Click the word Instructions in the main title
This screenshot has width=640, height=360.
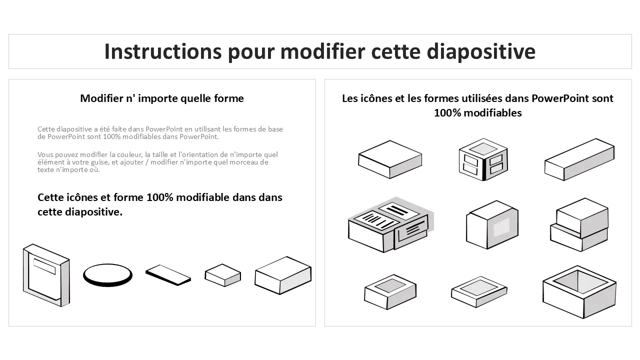[x=163, y=51]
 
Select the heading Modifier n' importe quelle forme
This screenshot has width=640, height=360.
[x=162, y=98]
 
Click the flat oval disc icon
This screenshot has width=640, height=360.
[x=107, y=275]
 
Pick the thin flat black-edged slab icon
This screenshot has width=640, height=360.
[x=168, y=275]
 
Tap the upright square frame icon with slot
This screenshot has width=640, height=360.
[x=46, y=275]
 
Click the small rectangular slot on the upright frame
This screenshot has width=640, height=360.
[x=44, y=266]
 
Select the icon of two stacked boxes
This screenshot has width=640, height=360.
[x=579, y=225]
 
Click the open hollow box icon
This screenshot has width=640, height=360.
[x=579, y=292]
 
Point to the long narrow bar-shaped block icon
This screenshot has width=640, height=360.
[x=579, y=159]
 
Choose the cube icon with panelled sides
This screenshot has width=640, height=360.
[x=483, y=159]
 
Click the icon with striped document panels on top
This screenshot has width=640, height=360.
[x=390, y=225]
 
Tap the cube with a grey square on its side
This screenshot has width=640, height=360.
[x=492, y=225]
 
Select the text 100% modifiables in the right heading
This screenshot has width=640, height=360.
[x=477, y=113]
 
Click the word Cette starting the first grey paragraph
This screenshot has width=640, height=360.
[x=46, y=129]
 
